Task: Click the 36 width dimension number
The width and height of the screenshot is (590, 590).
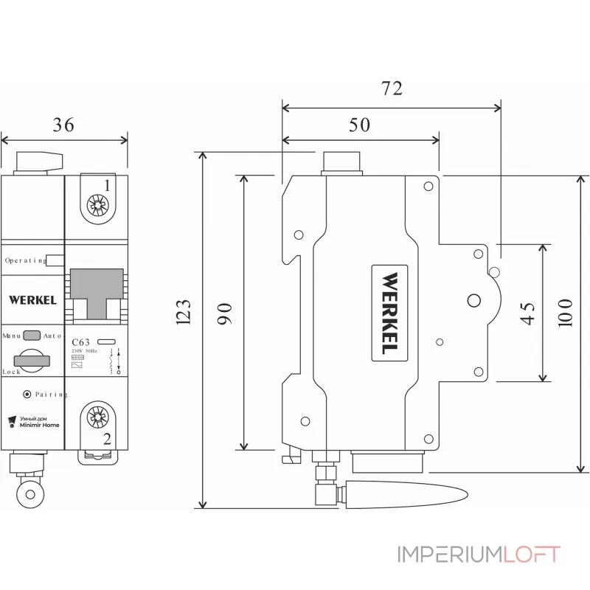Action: [63, 125]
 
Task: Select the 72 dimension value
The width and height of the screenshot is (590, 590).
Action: [392, 88]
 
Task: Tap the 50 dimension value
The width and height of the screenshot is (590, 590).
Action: [359, 125]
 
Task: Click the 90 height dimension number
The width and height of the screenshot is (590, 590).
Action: [226, 313]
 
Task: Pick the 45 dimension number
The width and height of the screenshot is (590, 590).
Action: [527, 313]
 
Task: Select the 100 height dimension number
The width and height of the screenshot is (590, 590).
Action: [565, 313]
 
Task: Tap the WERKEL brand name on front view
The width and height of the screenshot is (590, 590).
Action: [32, 300]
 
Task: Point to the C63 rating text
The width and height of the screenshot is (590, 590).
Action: [82, 342]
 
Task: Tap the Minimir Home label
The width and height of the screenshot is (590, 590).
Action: [40, 426]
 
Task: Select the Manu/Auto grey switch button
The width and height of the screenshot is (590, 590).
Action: [32, 336]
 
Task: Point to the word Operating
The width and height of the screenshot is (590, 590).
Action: [26, 260]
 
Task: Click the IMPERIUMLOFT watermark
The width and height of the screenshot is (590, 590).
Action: [479, 554]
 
